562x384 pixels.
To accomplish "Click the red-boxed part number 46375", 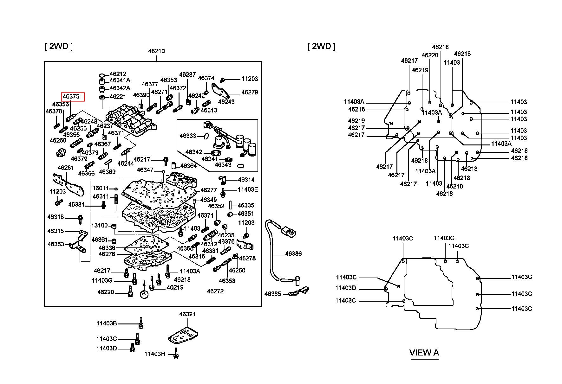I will (71, 96).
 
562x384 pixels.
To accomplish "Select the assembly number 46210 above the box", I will (156, 51).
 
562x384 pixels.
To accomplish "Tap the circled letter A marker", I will (144, 294).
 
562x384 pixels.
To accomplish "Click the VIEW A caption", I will (424, 353).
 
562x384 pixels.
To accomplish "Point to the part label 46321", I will (187, 314).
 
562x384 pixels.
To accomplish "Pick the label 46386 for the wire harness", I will (293, 253).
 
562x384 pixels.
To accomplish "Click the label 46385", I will (273, 294).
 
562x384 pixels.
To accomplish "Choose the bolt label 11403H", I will (155, 354).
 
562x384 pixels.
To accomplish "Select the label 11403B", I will (107, 323).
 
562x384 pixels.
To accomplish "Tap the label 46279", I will (250, 92).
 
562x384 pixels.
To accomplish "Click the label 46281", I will (66, 168).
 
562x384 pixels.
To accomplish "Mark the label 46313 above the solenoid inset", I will (209, 110).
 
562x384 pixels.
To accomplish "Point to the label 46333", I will (188, 136).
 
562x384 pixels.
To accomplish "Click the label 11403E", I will (248, 189).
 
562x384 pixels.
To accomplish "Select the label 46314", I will (246, 180).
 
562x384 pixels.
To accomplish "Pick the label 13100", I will (100, 225).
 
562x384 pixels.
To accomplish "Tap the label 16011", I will (101, 188).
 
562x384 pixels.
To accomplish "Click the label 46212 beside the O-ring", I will (118, 74).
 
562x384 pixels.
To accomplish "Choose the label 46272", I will (215, 291).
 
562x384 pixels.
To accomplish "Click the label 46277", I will (209, 190).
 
